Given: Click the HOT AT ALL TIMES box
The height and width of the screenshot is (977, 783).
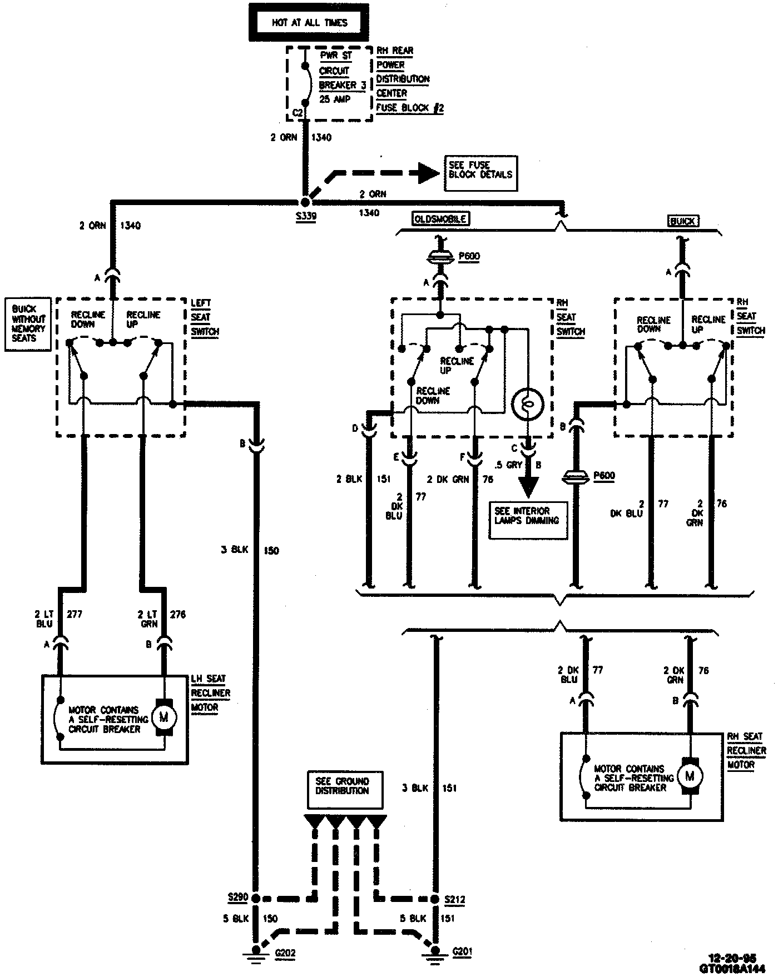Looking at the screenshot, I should pyautogui.click(x=309, y=23).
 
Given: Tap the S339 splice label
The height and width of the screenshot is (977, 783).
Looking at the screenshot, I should pyautogui.click(x=306, y=216).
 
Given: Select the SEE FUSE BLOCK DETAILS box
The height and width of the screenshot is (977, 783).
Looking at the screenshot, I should pyautogui.click(x=480, y=170).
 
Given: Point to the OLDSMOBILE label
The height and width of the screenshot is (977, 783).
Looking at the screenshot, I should pyautogui.click(x=440, y=218).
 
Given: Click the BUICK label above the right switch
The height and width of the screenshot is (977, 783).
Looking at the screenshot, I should pyautogui.click(x=682, y=221).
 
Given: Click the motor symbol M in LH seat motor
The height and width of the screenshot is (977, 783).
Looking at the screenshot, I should pyautogui.click(x=163, y=717).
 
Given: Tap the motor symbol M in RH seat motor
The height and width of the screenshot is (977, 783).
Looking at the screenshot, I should pyautogui.click(x=690, y=776).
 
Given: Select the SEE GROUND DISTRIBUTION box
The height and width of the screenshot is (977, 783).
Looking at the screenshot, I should pyautogui.click(x=345, y=786).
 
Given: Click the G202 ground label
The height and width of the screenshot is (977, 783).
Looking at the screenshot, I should pyautogui.click(x=285, y=953).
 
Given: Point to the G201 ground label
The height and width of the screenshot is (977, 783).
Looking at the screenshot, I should pyautogui.click(x=462, y=952).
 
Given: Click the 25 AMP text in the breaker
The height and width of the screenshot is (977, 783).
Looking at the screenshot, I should pyautogui.click(x=335, y=99).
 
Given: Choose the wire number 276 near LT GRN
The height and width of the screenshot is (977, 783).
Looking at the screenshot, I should pyautogui.click(x=177, y=615).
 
